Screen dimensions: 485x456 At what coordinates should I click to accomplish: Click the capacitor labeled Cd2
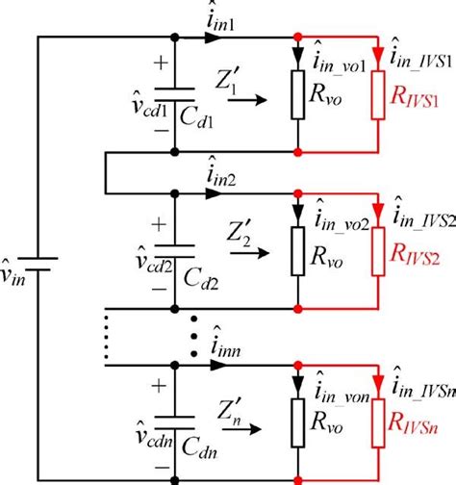174,253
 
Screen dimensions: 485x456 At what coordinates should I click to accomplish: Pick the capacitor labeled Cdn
174,419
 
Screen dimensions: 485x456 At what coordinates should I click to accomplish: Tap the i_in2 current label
224,176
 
